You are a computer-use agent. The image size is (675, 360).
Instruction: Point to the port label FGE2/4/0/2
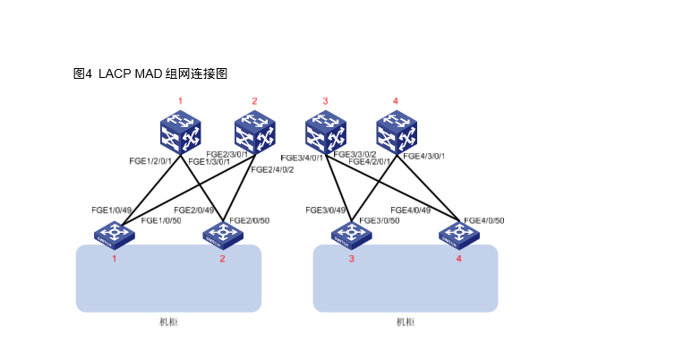pos(272,169)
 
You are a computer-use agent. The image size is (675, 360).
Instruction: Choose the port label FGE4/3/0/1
pos(424,156)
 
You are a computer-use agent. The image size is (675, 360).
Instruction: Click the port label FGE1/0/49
pos(111,210)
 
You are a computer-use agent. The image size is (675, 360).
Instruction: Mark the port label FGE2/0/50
pos(250,220)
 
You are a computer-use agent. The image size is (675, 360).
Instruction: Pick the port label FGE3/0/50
pos(379,220)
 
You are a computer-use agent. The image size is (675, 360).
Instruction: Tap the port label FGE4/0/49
pos(410,210)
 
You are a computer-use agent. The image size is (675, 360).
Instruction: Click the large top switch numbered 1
pos(181,132)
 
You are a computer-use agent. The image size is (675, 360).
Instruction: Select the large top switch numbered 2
pos(254,132)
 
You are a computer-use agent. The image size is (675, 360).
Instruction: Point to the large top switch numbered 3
pos(325,132)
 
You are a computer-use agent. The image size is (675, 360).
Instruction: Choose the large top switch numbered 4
pos(397,132)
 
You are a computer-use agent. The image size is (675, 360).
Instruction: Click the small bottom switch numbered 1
pos(115,235)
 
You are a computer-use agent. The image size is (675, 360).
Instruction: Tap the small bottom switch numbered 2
pos(222,235)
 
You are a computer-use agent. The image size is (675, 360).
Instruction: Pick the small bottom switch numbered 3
pos(351,235)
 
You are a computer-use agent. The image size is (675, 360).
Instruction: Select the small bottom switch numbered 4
pos(458,235)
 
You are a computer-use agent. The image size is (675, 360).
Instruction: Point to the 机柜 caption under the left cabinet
pos(168,321)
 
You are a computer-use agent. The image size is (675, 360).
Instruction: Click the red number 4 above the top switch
pos(396,101)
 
